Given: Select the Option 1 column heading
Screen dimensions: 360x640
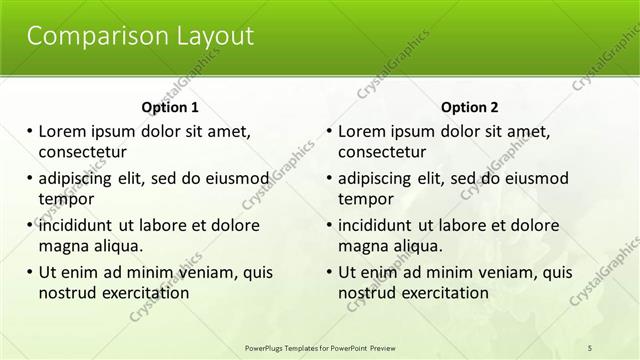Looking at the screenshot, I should coord(170,107).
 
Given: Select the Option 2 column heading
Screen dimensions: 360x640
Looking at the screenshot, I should coord(470,107).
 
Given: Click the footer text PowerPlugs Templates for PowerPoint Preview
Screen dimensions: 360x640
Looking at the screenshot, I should coord(320,347).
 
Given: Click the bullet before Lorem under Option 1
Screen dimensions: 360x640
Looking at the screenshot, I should coord(30,131).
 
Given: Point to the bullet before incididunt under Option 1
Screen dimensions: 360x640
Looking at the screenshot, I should coord(30,225).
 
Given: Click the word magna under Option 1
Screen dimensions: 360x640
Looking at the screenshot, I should coord(64,246).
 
